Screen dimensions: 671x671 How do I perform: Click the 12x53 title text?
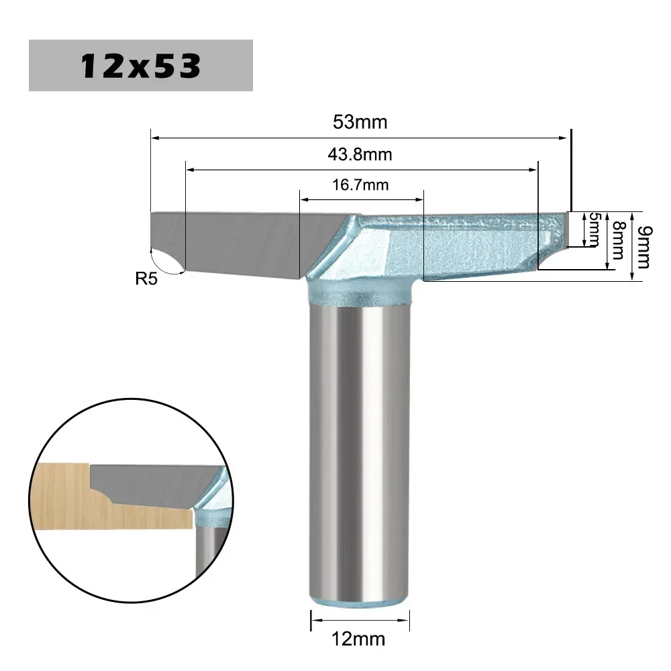pos(140,66)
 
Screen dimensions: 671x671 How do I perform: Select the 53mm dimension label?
pos(360,123)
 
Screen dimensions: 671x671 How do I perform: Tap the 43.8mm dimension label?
pos(360,154)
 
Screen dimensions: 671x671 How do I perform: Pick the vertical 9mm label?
pos(643,246)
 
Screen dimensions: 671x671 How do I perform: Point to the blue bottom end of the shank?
pos(359,599)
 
